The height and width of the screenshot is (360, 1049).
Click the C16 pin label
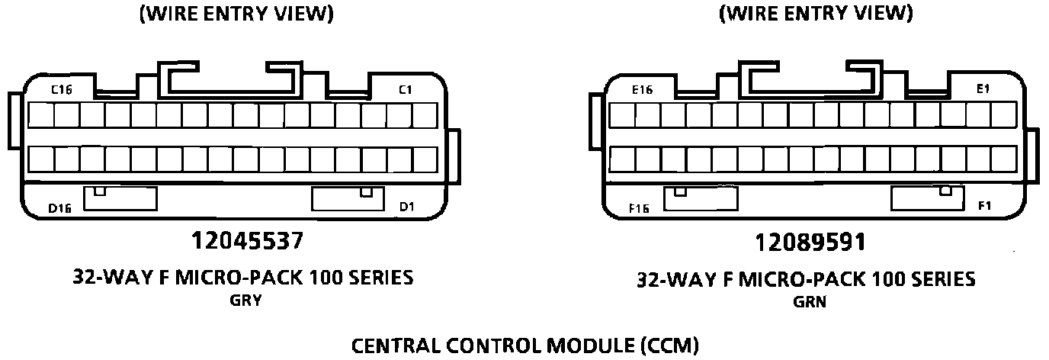(x=62, y=90)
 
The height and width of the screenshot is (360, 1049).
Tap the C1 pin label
(x=406, y=90)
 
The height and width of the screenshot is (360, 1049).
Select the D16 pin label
(x=59, y=208)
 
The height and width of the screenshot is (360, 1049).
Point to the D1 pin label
(x=406, y=207)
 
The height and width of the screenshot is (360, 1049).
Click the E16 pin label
(x=643, y=90)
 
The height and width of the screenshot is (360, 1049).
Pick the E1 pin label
(x=983, y=89)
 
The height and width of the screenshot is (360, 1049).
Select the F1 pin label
(x=984, y=206)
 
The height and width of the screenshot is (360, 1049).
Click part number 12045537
(x=247, y=242)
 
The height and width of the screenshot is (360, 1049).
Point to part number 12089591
(x=810, y=243)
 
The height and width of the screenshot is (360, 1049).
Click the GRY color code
(x=245, y=301)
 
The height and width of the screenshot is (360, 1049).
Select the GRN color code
(x=810, y=302)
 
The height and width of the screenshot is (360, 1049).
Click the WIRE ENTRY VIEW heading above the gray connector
(x=236, y=14)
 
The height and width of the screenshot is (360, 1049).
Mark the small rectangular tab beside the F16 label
(x=701, y=198)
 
